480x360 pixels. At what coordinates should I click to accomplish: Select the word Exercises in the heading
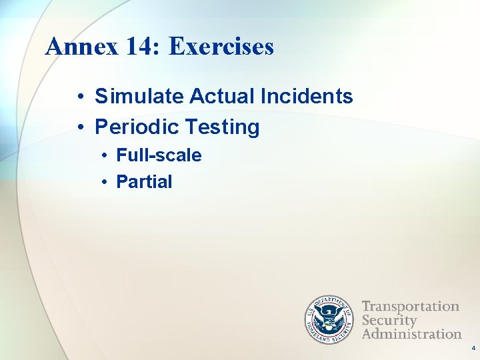point(221,47)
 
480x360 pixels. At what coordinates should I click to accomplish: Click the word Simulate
point(139,97)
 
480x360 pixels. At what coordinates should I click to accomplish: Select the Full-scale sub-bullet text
point(159,155)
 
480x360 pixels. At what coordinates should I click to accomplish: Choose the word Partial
point(144,181)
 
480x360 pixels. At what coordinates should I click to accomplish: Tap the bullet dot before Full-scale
point(105,156)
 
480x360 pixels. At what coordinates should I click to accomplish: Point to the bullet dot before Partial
point(105,182)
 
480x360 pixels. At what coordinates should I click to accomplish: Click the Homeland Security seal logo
point(329,319)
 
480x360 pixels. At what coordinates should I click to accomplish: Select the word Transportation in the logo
point(411,307)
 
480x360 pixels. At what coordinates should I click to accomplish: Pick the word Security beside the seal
point(389,320)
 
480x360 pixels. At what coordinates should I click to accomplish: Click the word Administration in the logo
point(411,333)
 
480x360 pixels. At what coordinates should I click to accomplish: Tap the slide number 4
point(473,349)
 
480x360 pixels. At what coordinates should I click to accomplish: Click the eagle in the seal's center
point(329,319)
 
